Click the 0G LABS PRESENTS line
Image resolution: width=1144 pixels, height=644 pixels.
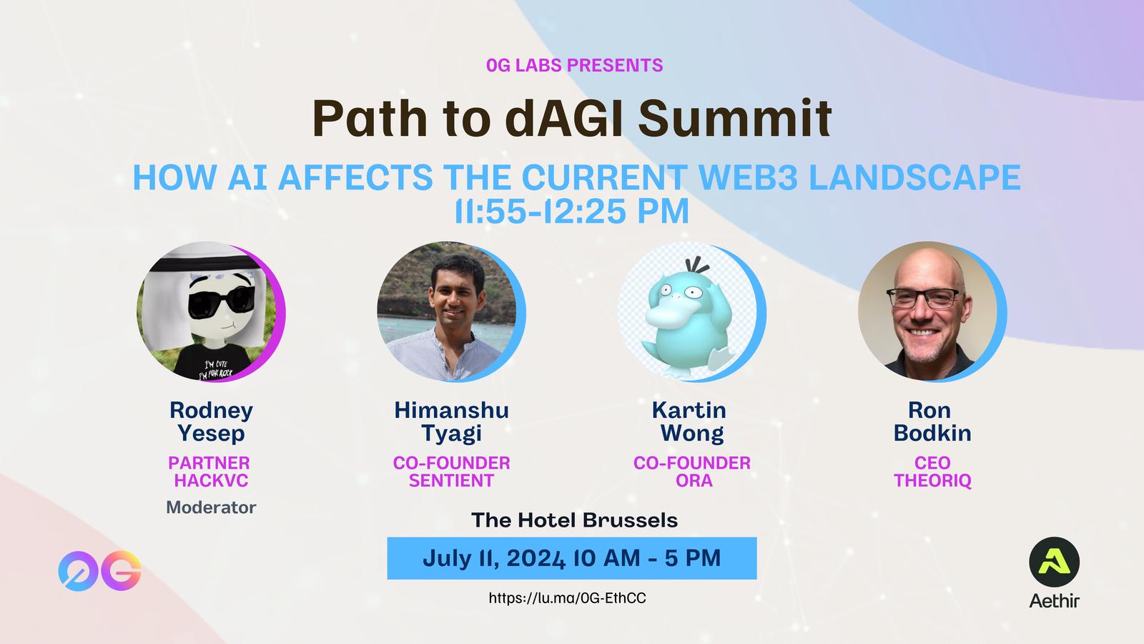click(x=575, y=65)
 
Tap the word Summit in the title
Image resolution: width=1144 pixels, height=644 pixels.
click(x=735, y=118)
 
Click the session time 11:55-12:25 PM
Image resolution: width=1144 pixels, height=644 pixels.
click(x=572, y=210)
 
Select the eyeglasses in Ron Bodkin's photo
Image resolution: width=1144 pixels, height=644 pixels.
click(x=924, y=298)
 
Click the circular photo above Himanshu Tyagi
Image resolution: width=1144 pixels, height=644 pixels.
click(x=448, y=312)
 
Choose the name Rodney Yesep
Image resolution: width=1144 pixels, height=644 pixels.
click(x=211, y=421)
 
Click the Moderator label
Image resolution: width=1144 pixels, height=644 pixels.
click(x=211, y=507)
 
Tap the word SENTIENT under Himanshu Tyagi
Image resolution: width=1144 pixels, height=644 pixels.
click(x=451, y=480)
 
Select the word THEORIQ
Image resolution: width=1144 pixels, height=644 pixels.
click(x=932, y=480)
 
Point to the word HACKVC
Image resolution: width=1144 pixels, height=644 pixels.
click(x=211, y=480)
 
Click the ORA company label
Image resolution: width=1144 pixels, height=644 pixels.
click(x=694, y=480)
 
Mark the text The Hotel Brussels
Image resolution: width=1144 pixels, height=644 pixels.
click(x=575, y=520)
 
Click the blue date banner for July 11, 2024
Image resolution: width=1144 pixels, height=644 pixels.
click(x=572, y=558)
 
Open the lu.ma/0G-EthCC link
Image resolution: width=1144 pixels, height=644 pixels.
click(x=568, y=598)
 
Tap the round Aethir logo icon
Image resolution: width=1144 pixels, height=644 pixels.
click(x=1054, y=562)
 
